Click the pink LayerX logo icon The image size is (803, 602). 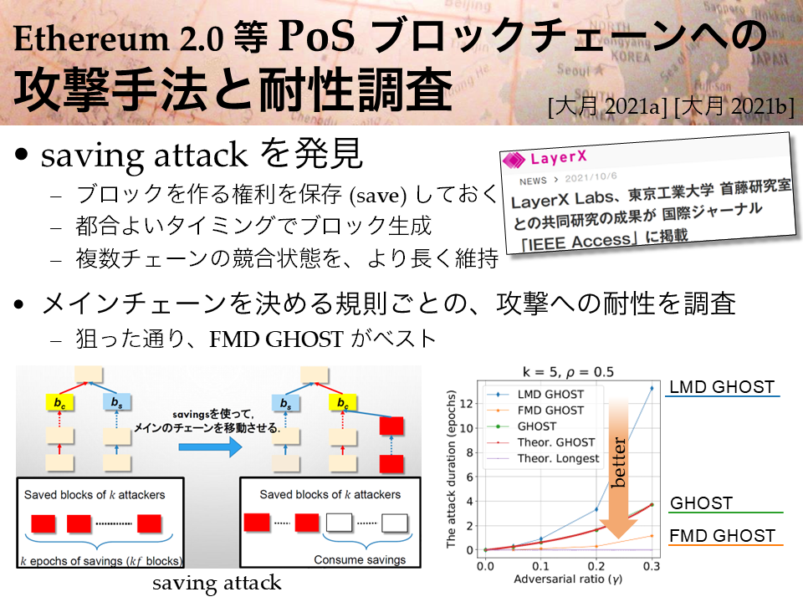pos(514,160)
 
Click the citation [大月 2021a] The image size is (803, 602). pos(608,107)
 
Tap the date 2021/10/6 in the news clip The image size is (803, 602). pos(591,177)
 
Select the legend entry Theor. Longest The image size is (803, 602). pos(558,458)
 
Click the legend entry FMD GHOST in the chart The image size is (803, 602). pos(550,410)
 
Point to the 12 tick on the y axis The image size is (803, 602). pos(466,403)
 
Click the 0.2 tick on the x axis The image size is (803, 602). pos(596,566)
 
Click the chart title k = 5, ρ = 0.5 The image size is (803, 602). pos(568,371)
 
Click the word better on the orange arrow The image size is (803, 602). pos(619,462)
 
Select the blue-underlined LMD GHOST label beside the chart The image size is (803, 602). pos(722,387)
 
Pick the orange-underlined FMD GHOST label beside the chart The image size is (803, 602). pos(723,535)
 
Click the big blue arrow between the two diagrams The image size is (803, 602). pos(210,446)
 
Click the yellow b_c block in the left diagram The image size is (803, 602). pos(59,403)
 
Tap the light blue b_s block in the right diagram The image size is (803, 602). pos(286,403)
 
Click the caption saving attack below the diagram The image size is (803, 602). pos(217,583)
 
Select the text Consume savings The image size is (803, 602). pos(360,559)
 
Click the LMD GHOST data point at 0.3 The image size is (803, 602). pos(652,388)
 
